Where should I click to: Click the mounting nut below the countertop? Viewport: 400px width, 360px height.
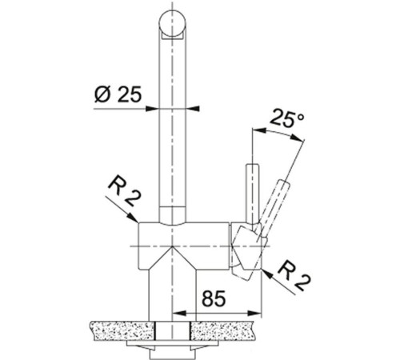(x=174, y=350)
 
